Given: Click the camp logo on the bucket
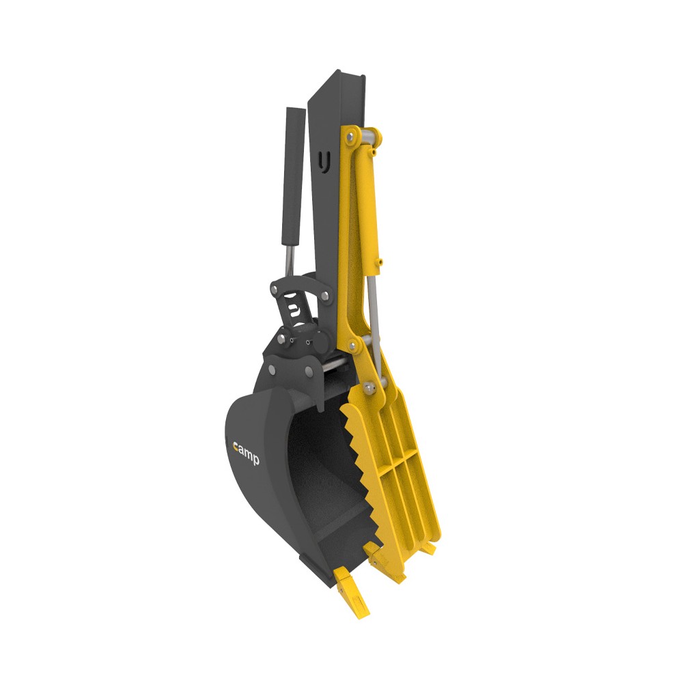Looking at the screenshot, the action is pyautogui.click(x=246, y=454).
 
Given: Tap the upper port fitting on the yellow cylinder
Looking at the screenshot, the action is pyautogui.click(x=374, y=152).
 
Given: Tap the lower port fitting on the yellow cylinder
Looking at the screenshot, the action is pyautogui.click(x=380, y=263).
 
